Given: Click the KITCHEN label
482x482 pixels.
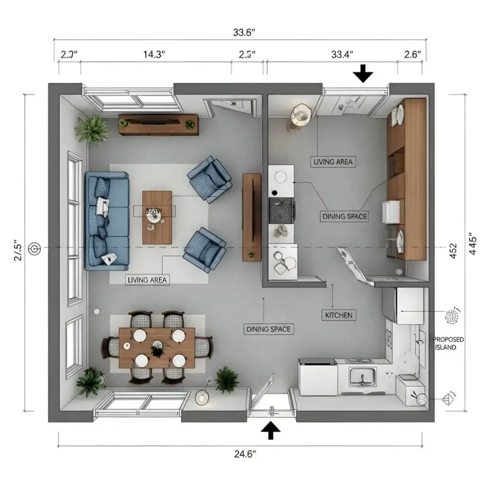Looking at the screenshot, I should coord(338,315).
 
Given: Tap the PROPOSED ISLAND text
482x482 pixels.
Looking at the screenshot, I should coord(448,343).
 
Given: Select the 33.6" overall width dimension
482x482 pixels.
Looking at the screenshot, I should coord(244,32).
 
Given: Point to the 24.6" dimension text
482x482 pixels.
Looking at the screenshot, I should coord(245,454).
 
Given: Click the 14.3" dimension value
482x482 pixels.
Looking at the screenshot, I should coord(154,54).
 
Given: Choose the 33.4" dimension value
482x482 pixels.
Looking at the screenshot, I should coord(342,54).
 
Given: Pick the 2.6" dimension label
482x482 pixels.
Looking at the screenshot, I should coord(412,54).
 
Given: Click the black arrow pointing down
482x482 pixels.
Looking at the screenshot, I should coord(363,74).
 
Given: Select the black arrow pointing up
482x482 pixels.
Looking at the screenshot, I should coord(270,430).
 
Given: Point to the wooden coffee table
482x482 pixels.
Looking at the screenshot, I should coord(157,217).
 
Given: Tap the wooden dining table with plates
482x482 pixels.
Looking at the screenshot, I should coord(157,348).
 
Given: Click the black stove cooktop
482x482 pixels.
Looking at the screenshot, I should coord(281,210).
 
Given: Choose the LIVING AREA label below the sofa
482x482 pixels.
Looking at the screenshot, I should coord(147,280).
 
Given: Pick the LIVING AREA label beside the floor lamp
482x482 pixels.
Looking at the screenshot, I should coord(333,161).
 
